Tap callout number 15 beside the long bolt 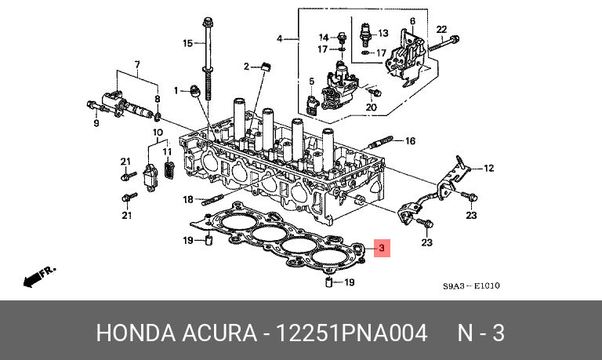pyautogui.click(x=188, y=42)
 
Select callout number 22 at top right pyautogui.click(x=441, y=29)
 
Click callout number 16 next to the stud pyautogui.click(x=409, y=141)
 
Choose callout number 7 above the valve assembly pyautogui.click(x=137, y=64)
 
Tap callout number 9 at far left pyautogui.click(x=97, y=123)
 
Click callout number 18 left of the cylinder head pyautogui.click(x=187, y=199)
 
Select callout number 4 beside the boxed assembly pyautogui.click(x=280, y=38)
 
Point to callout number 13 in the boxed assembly pyautogui.click(x=383, y=33)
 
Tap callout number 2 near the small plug pyautogui.click(x=245, y=67)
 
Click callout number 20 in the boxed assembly pyautogui.click(x=372, y=107)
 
